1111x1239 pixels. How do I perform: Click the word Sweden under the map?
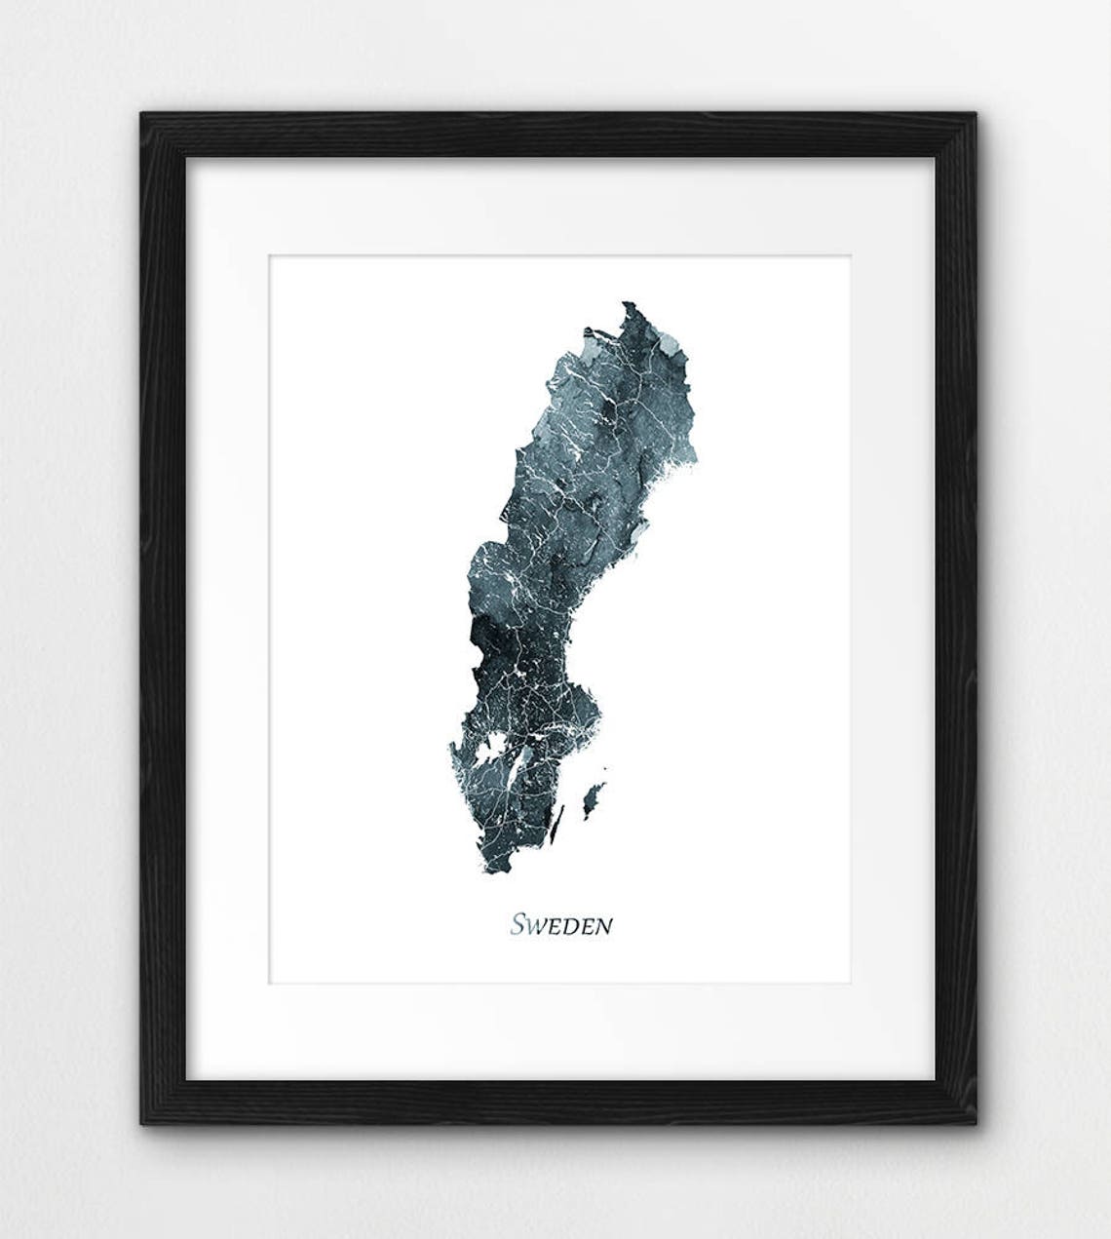pyautogui.click(x=561, y=924)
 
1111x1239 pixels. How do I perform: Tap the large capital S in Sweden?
pyautogui.click(x=518, y=923)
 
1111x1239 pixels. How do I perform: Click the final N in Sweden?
pyautogui.click(x=604, y=926)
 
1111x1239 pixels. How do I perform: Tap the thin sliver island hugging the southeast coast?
pyautogui.click(x=557, y=825)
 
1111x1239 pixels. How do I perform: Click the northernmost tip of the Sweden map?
pyautogui.click(x=627, y=304)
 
